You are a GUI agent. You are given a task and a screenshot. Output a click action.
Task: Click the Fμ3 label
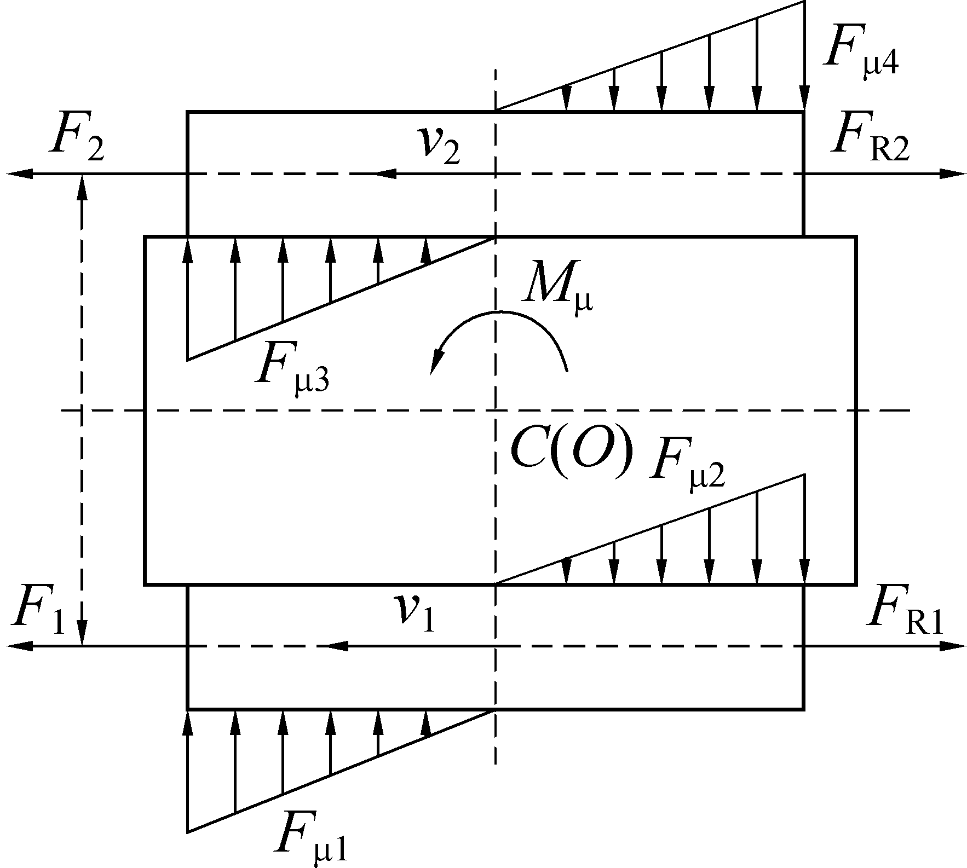coord(292,367)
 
